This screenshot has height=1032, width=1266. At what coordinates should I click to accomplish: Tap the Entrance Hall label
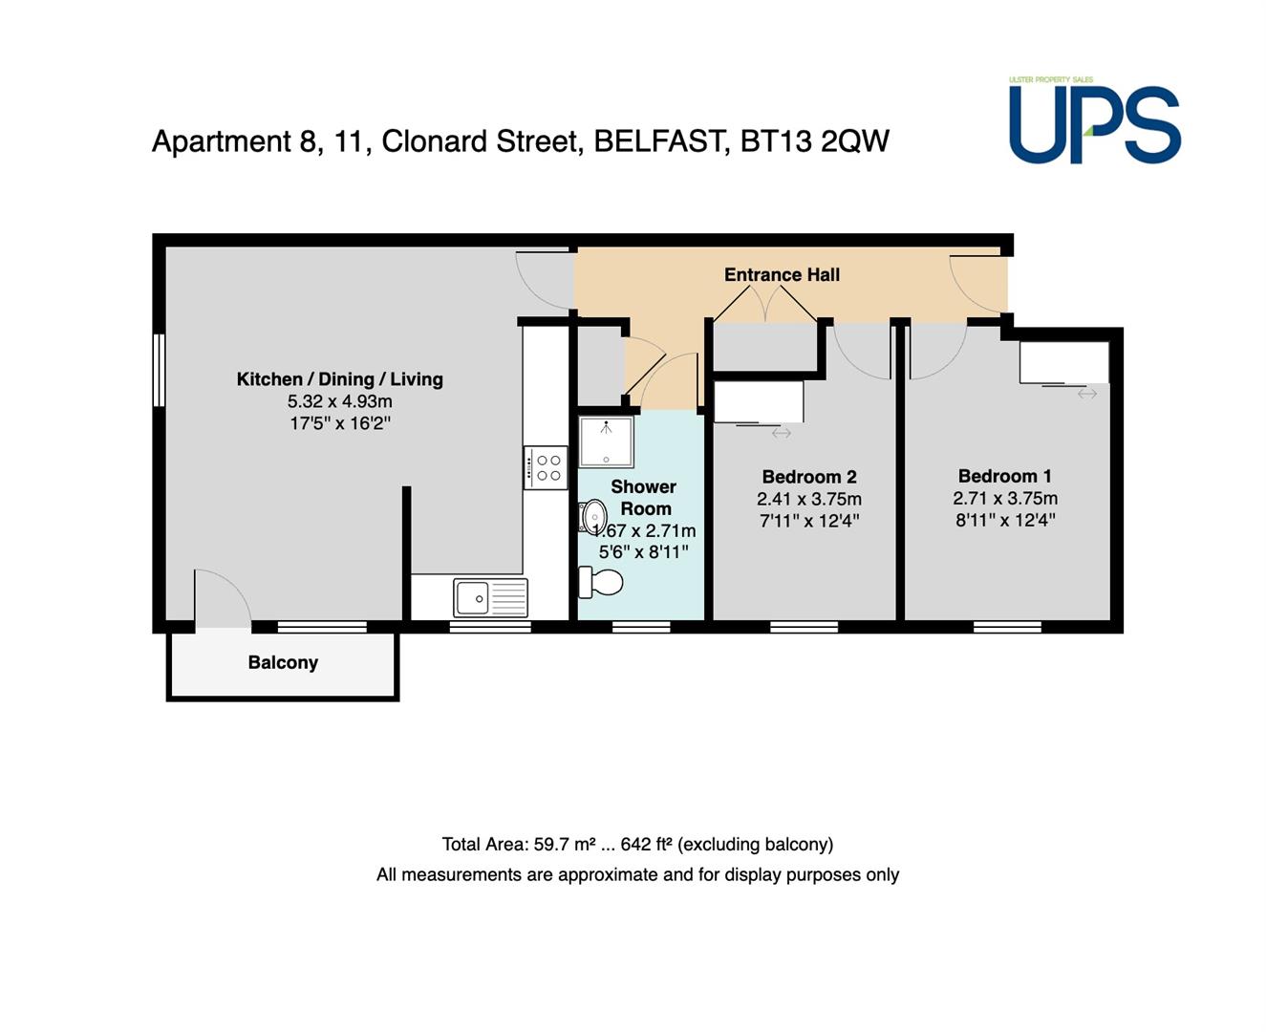pyautogui.click(x=782, y=274)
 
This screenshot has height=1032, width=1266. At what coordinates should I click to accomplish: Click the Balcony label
pyautogui.click(x=283, y=663)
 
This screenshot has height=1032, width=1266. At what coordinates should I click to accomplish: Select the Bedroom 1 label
pyautogui.click(x=1004, y=476)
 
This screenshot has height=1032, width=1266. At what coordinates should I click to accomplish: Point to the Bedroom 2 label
pyautogui.click(x=809, y=477)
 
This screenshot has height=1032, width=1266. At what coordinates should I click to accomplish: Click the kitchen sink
pyautogui.click(x=490, y=597)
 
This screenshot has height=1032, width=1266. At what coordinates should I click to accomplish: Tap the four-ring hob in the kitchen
pyautogui.click(x=545, y=468)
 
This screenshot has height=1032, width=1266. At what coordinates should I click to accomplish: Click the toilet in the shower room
pyautogui.click(x=600, y=582)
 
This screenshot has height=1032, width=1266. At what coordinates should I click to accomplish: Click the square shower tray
pyautogui.click(x=607, y=441)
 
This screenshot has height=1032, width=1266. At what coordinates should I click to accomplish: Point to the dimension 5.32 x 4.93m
pyautogui.click(x=340, y=402)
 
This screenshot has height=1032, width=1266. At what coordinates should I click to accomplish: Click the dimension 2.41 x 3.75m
pyautogui.click(x=809, y=500)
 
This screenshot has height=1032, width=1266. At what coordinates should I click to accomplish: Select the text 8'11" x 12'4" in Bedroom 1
pyautogui.click(x=1005, y=521)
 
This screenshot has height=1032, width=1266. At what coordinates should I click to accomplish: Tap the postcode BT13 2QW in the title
pyautogui.click(x=815, y=141)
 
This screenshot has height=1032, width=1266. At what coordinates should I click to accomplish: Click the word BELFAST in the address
pyautogui.click(x=662, y=142)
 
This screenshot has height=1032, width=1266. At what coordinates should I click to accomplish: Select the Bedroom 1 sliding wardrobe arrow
pyautogui.click(x=1087, y=394)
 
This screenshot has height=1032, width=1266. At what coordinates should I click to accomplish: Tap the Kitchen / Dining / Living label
pyautogui.click(x=340, y=379)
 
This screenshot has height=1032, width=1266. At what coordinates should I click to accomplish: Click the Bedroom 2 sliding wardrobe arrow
pyautogui.click(x=781, y=434)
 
